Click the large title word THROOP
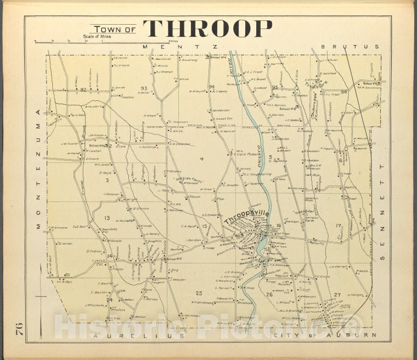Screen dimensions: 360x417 (x=208, y=29)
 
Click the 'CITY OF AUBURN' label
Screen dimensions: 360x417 (x=323, y=335)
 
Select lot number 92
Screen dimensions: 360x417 (x=83, y=89)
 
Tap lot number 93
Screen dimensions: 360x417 (x=144, y=88)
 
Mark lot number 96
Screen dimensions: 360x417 (x=344, y=92)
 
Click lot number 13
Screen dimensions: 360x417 (x=107, y=218)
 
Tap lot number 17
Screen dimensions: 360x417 (x=339, y=226)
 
